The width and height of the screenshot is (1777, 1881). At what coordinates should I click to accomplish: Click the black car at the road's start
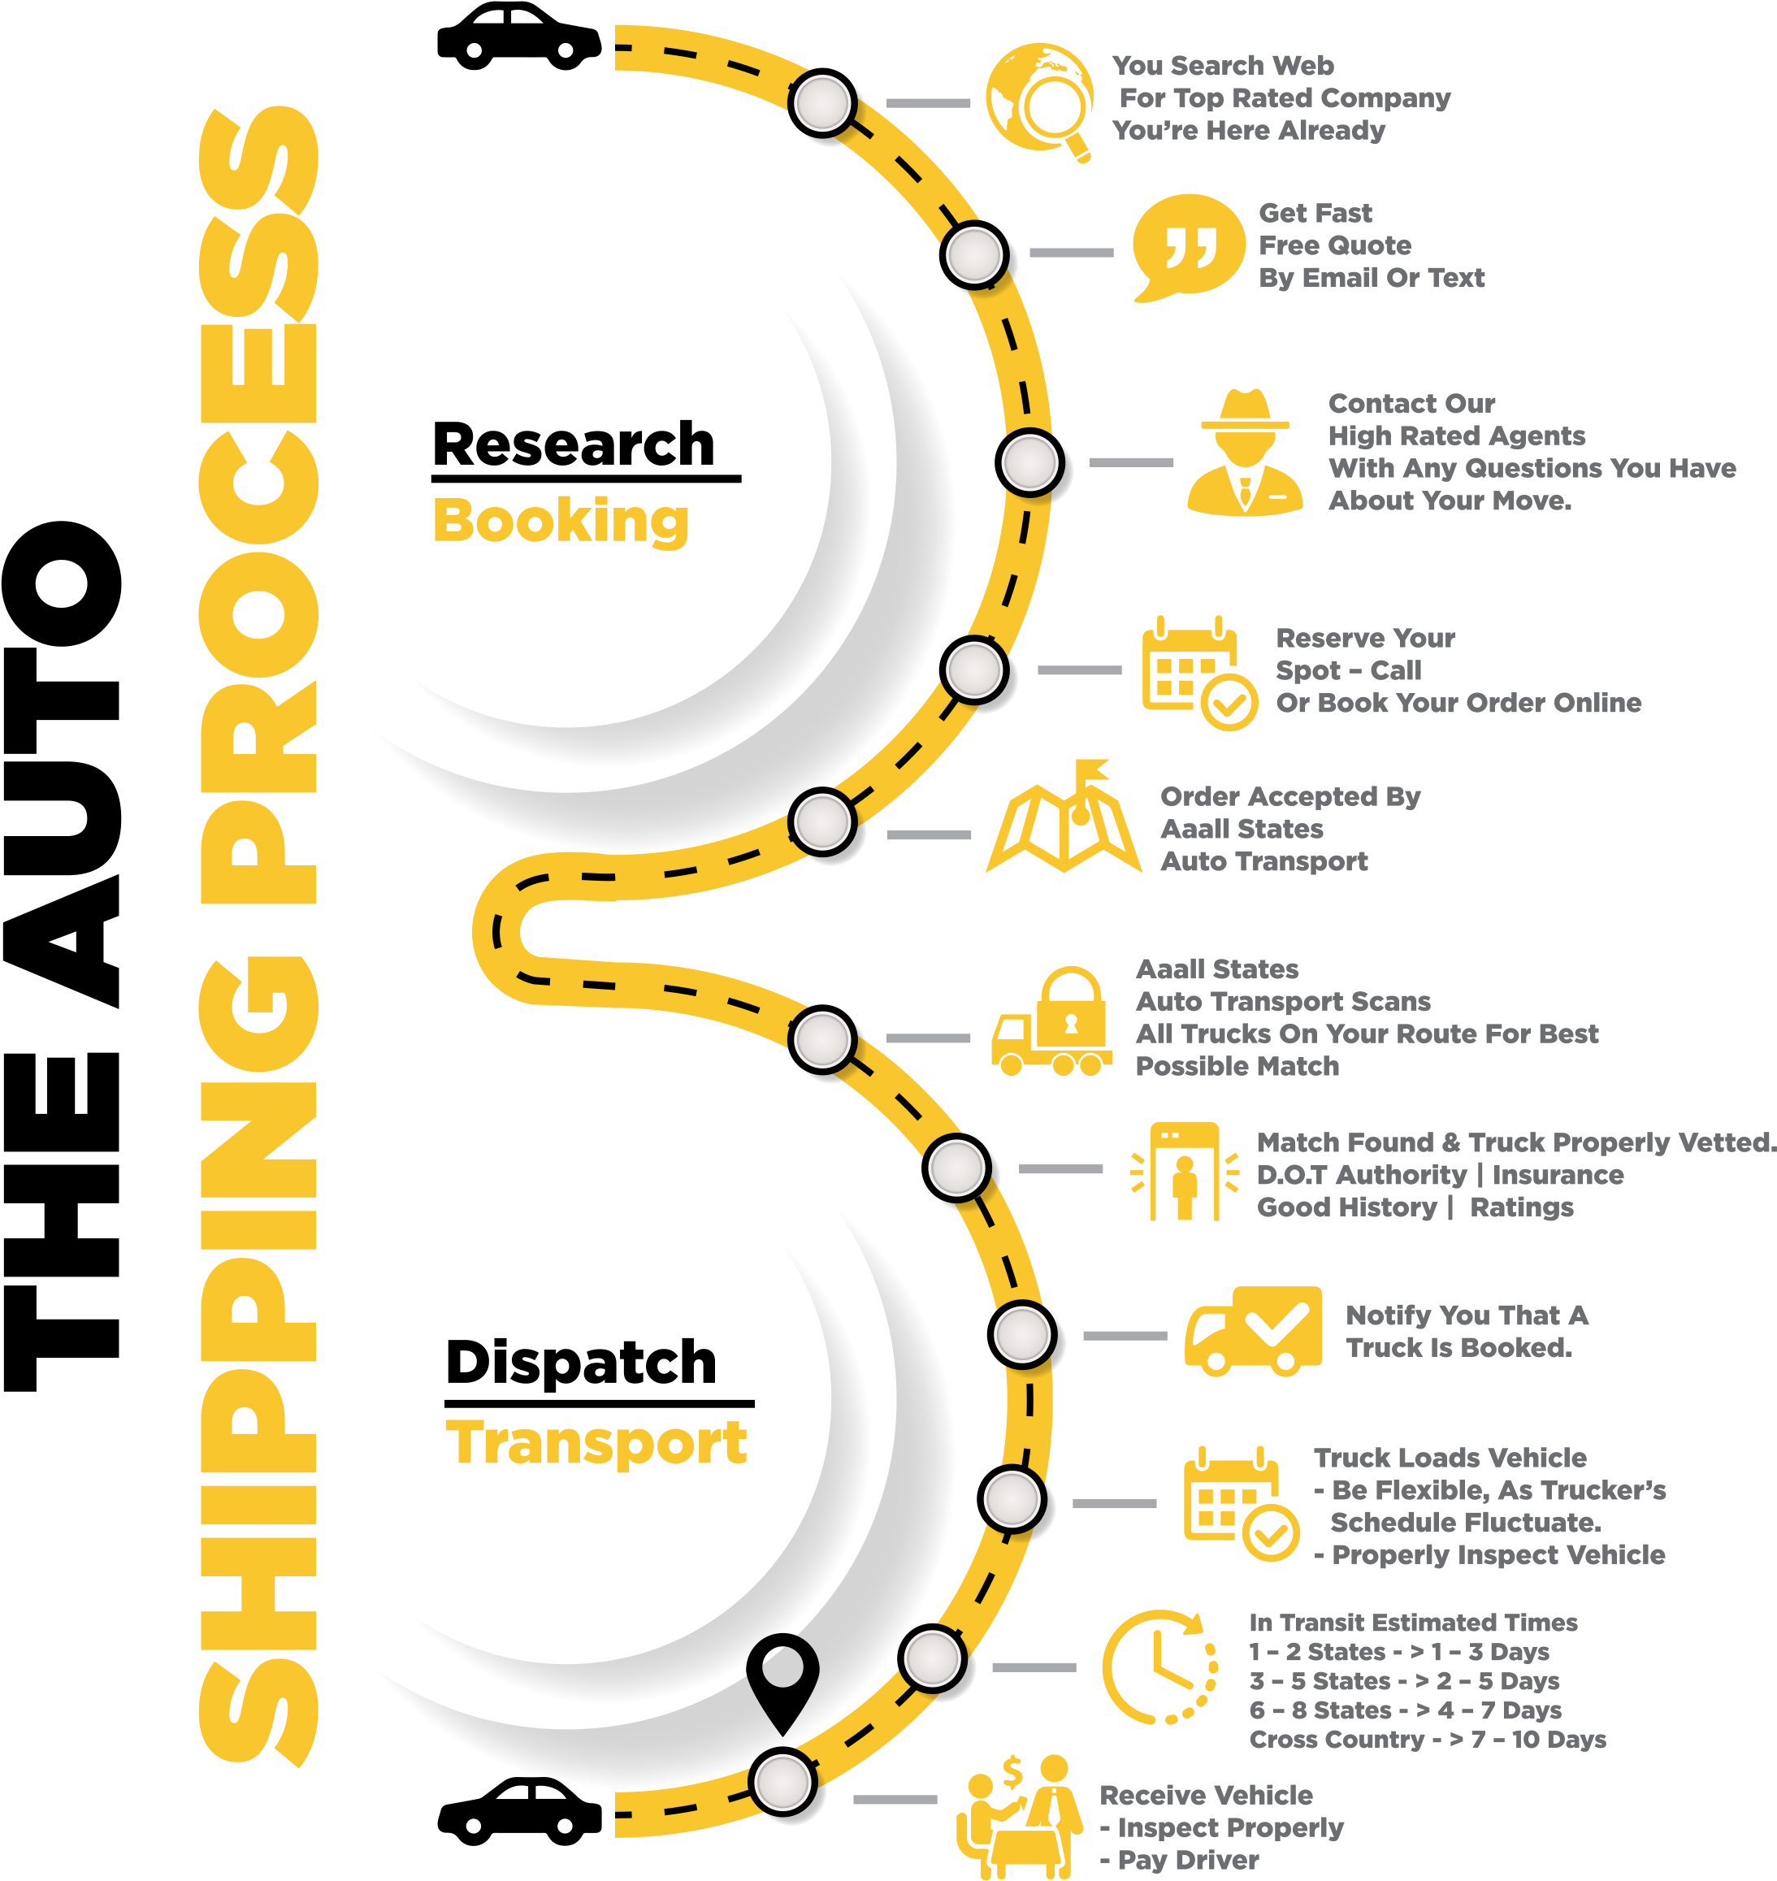click(x=519, y=37)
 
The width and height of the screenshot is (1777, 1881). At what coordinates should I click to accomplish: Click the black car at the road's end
click(x=519, y=1811)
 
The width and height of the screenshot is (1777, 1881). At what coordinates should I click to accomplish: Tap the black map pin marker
click(x=782, y=1681)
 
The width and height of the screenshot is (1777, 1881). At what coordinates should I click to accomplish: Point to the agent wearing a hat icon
click(x=1245, y=452)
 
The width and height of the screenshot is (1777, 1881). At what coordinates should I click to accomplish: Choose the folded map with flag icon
click(x=1063, y=817)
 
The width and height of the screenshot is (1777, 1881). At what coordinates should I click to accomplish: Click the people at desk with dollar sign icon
click(x=1019, y=1816)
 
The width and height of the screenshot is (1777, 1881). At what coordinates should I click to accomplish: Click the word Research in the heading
click(x=573, y=444)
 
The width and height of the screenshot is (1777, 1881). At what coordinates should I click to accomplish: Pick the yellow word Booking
click(x=561, y=521)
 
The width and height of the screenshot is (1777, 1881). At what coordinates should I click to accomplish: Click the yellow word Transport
click(x=596, y=1443)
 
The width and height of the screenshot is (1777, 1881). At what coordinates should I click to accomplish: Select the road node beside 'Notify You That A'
click(x=1022, y=1334)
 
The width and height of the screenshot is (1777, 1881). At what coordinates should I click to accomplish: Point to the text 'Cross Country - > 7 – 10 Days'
click(x=1428, y=1740)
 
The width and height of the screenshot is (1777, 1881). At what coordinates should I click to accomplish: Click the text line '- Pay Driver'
click(x=1179, y=1860)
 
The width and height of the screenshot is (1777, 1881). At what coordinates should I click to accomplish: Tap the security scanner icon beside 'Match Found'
click(x=1184, y=1172)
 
